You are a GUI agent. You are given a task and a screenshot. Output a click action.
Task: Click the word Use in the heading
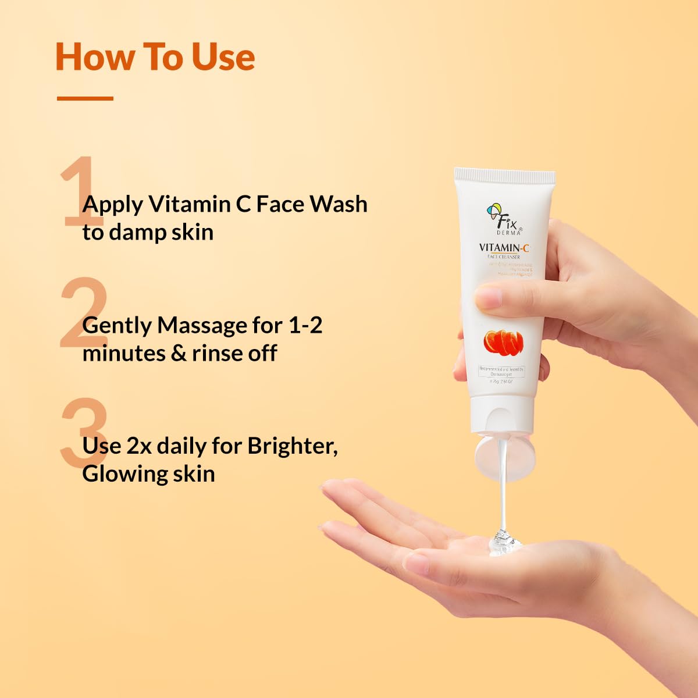click(x=223, y=57)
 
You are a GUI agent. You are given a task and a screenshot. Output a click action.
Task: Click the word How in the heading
click(x=94, y=57)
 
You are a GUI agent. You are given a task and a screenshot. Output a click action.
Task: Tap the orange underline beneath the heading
click(x=85, y=98)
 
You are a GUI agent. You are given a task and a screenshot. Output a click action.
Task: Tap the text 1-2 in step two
click(x=305, y=325)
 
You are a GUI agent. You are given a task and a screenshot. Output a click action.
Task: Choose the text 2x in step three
click(x=138, y=446)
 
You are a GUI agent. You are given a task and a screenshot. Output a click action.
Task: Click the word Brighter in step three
click(x=291, y=446)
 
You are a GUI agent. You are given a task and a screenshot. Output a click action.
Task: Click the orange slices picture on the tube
click(x=503, y=342)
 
